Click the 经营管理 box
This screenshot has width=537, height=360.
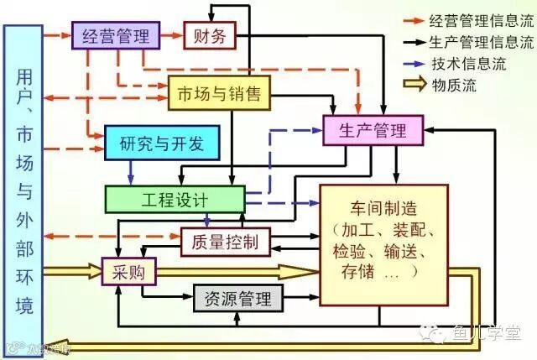pos(115,36)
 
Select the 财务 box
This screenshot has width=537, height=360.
pos(210,36)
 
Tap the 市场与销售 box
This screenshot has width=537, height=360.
pos(220,94)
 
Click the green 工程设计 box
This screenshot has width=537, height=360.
pos(174,200)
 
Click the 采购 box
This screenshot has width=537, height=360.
pos(122,271)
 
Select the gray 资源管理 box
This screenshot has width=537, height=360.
pos(238,298)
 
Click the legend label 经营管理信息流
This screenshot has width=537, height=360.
pos(481,18)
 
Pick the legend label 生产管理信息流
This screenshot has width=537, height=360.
pos(481,40)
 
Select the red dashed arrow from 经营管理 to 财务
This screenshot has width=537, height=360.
pos(169,36)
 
